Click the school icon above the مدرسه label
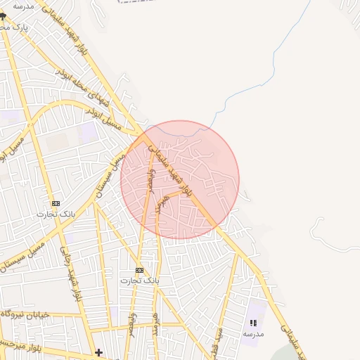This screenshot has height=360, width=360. (x=253, y=322)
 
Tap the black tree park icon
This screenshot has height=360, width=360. (x=3, y=15)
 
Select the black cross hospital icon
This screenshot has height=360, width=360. (x=99, y=352)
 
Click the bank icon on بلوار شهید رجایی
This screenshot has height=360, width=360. (x=56, y=203)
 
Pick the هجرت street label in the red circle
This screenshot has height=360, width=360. (x=165, y=204)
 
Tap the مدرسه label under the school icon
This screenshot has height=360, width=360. (x=253, y=334)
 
